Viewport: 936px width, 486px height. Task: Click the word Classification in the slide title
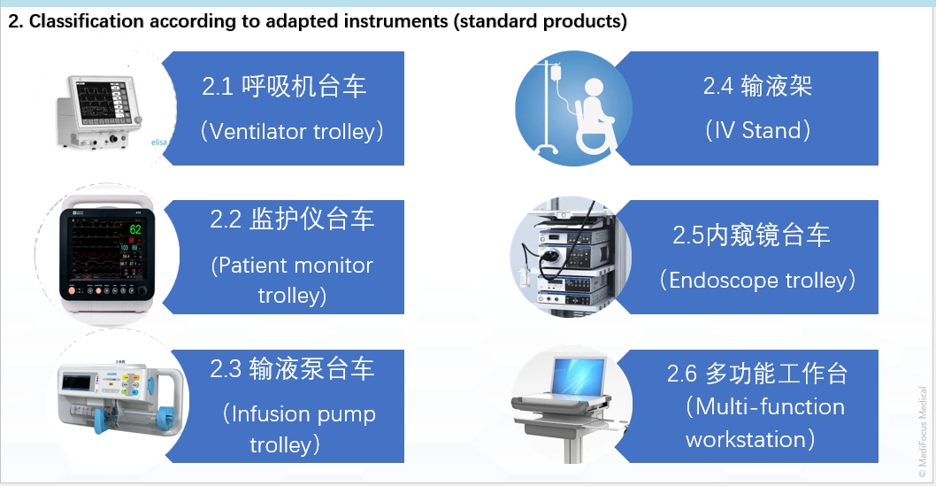click(x=88, y=21)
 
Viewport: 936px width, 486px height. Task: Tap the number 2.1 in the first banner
click(x=218, y=87)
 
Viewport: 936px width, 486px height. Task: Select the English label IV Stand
click(x=758, y=130)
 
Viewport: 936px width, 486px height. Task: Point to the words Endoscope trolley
click(x=759, y=280)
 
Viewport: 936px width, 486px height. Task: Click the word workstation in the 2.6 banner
click(x=746, y=439)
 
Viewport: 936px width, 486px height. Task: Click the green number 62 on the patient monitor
click(x=135, y=229)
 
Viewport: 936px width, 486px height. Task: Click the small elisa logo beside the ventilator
click(x=158, y=143)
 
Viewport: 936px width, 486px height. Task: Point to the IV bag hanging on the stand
click(x=556, y=74)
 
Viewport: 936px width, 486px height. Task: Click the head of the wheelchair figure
click(x=594, y=88)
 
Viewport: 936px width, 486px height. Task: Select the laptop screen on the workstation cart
click(x=579, y=376)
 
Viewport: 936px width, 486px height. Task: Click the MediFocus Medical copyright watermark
click(x=922, y=432)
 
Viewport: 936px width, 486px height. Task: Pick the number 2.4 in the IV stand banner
click(x=718, y=87)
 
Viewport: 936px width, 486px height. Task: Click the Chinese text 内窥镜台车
click(x=768, y=235)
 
